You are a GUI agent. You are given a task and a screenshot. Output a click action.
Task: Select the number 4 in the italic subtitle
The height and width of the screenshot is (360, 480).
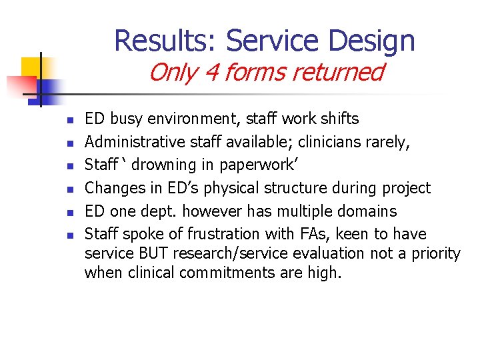[213, 72]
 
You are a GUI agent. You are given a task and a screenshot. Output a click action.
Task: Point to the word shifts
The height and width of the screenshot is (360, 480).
[339, 119]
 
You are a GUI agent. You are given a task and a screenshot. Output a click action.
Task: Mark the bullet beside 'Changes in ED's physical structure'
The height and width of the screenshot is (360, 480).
[69, 189]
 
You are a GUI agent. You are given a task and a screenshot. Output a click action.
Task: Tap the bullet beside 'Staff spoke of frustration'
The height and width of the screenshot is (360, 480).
[69, 235]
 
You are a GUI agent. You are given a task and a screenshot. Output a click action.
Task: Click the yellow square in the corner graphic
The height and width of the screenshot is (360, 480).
[31, 67]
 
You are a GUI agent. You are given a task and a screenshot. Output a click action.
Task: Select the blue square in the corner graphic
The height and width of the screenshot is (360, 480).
[49, 89]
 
